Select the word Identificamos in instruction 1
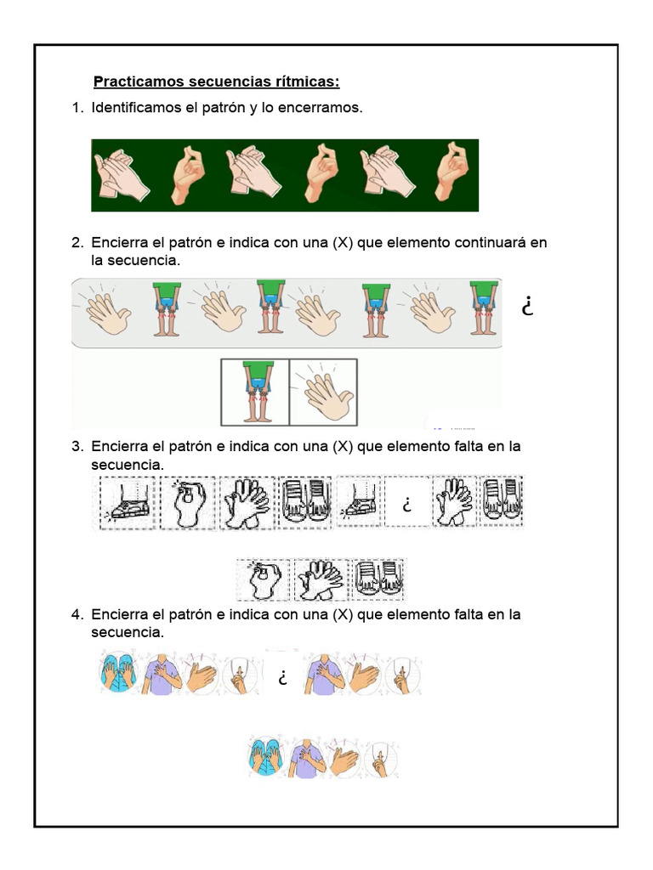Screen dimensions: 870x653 coord(136,109)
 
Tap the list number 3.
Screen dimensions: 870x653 coord(77,446)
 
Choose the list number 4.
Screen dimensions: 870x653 coord(77,614)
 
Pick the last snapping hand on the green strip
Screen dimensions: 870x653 coord(451,173)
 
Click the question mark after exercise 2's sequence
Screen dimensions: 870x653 coord(528,307)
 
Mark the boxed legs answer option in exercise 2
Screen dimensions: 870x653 coord(255,392)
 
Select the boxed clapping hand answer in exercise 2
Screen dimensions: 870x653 coord(323,392)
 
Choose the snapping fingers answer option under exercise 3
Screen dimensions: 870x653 coord(263,580)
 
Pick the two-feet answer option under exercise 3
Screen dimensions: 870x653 coord(378,580)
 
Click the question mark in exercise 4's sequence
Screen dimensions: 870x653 coord(280,678)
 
